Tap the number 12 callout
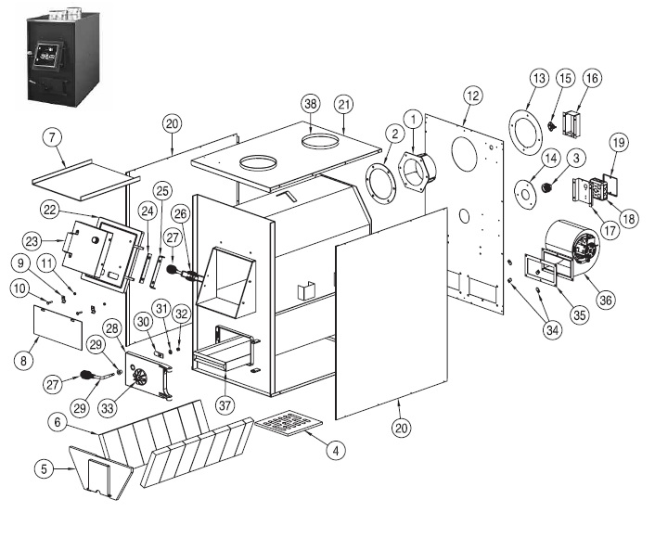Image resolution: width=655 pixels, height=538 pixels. (x=472, y=95)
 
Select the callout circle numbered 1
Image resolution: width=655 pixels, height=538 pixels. (x=410, y=117)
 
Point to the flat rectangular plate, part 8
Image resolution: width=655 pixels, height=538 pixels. (x=59, y=327)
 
